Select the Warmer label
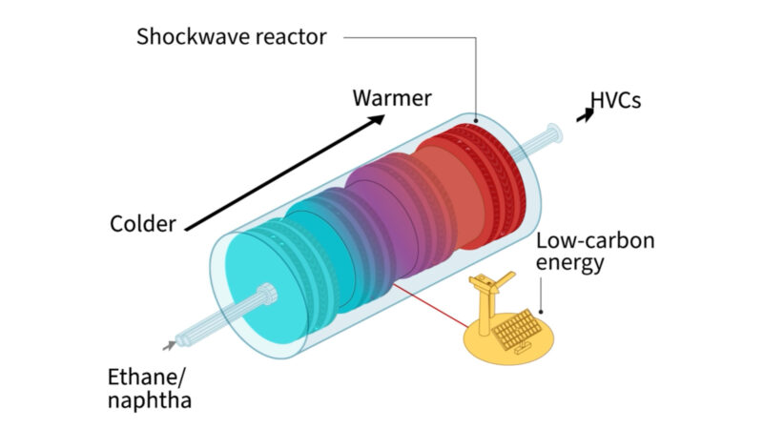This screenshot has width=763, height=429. [392, 97]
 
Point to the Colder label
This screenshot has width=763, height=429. [143, 225]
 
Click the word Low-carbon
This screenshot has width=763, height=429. [595, 240]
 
